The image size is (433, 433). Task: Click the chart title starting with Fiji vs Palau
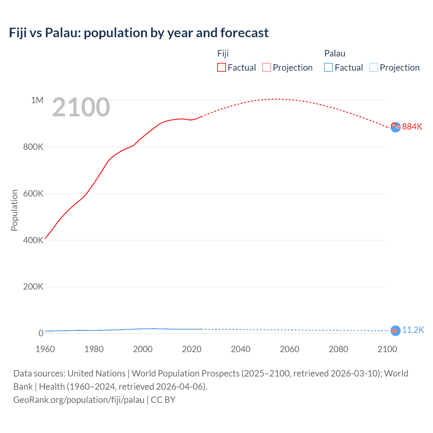coord(139,33)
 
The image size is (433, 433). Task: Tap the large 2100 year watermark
coord(81,107)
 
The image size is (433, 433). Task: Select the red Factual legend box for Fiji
coord(222,67)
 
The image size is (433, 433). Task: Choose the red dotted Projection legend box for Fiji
coord(267,67)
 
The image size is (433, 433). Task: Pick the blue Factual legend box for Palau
coord(328,67)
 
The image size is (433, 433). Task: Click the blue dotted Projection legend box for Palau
coord(374,67)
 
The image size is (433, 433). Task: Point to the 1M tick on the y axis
coord(37,100)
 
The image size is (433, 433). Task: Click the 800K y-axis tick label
coord(33,147)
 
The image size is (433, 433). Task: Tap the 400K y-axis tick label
coord(33,240)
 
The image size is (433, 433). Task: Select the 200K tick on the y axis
coord(33,287)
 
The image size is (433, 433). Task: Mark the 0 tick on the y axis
coord(41,333)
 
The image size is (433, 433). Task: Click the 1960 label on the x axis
coord(45,349)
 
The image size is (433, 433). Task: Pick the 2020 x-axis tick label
coord(191,349)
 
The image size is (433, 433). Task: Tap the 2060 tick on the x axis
coord(289,349)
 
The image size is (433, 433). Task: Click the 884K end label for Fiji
coord(412,127)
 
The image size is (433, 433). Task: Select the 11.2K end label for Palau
coord(413,330)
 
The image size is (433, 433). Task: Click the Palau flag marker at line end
coord(395,331)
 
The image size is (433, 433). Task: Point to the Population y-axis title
coord(14,210)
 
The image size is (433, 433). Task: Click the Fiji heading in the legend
coord(223,53)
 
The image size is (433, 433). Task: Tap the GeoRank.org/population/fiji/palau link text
coord(79,400)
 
